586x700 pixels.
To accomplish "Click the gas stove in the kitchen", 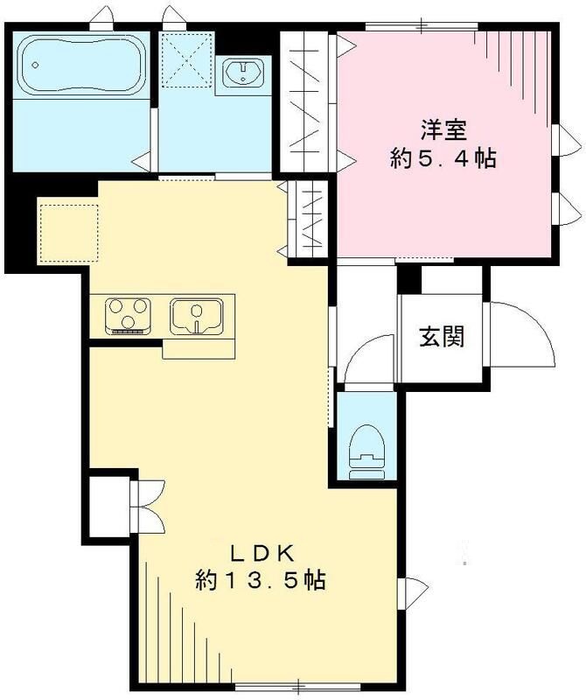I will pos(129,315).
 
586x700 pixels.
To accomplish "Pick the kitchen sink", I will pos(199,315).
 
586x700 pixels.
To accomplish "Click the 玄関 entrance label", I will pos(440,336).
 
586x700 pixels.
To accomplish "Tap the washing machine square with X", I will pos(185,59).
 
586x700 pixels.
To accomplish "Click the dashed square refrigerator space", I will pos(68,230).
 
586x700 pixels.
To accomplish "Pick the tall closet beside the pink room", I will pos(308,101).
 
